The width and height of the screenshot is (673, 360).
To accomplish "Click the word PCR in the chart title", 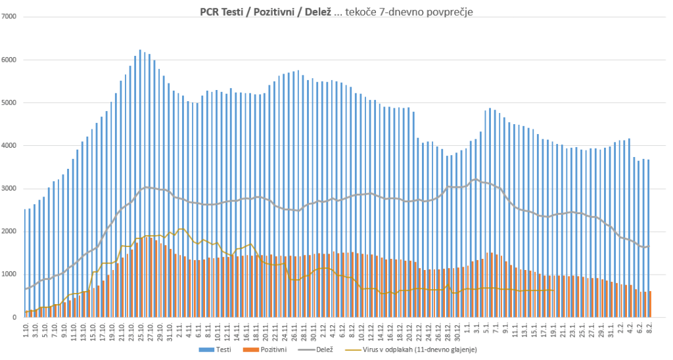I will [x=210, y=11].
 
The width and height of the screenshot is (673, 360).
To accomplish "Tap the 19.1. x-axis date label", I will [x=552, y=330].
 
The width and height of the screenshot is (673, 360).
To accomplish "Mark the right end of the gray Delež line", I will [x=649, y=246].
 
